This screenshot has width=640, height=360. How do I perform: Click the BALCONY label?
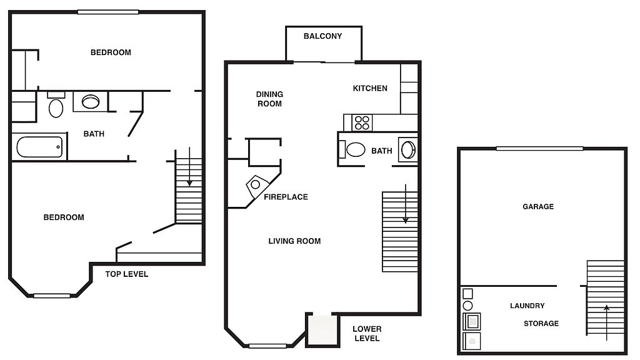point(322,36)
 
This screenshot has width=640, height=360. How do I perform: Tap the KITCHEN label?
point(370,88)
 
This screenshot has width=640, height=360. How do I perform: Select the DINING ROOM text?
point(269,99)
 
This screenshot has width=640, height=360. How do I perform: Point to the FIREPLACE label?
point(286,197)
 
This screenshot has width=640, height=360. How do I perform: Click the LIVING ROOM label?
point(294,241)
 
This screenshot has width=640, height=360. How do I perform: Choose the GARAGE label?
point(538,206)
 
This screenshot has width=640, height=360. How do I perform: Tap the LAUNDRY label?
point(527,306)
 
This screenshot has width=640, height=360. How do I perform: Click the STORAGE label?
point(541,324)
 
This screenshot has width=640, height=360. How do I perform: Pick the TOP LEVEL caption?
point(126,274)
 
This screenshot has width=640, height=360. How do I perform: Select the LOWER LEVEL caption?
point(366,334)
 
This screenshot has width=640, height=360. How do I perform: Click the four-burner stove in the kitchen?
point(362,123)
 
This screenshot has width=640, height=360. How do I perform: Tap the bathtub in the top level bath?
point(39,147)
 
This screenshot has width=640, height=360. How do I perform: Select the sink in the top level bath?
point(90,102)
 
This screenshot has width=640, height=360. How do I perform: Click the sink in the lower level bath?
point(408,150)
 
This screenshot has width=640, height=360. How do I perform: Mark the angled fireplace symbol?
point(256,186)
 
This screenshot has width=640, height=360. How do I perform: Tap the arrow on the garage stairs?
point(606,322)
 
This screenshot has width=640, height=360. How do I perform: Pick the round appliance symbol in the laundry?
point(467,306)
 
